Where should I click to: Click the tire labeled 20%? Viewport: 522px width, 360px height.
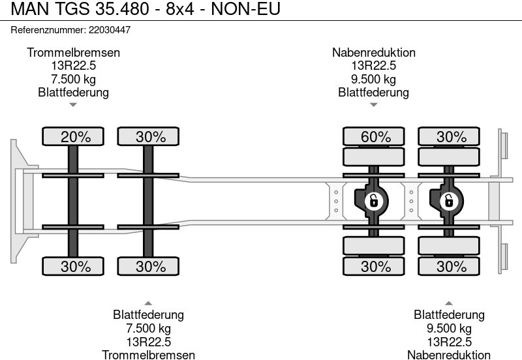73,137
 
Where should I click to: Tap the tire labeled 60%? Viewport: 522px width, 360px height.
375,137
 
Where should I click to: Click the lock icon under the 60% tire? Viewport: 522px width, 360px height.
373,200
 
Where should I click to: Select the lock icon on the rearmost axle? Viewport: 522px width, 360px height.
448,200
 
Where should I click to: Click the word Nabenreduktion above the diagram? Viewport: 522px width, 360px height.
373,53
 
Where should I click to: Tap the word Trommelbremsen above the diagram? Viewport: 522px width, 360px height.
73,53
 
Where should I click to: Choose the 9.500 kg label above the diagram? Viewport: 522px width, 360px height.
373,80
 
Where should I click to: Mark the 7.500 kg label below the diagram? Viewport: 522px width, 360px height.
148,328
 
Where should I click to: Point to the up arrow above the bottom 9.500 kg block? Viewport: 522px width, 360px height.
448,302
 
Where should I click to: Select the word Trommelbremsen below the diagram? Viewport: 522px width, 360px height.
148,354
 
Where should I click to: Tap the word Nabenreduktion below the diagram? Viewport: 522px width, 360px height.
448,354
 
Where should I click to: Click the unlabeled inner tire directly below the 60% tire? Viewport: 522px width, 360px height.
375,158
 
